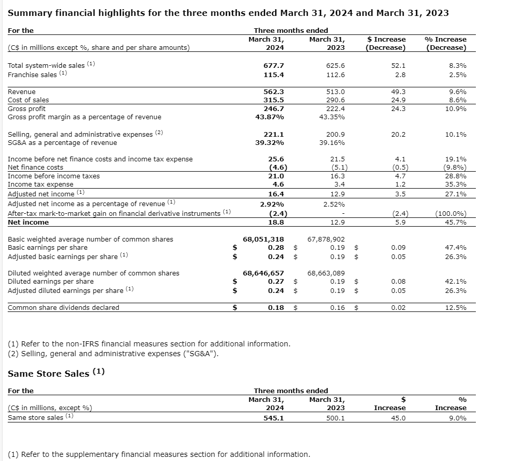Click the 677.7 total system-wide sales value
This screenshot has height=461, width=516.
pyautogui.click(x=274, y=66)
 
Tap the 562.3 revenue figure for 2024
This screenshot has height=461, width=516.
pyautogui.click(x=274, y=91)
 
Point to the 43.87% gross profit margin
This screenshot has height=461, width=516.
pyautogui.click(x=271, y=117)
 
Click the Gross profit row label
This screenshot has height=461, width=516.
pyautogui.click(x=27, y=109)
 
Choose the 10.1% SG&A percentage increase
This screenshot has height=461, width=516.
pyautogui.click(x=456, y=134)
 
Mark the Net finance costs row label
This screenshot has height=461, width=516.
pyautogui.click(x=35, y=168)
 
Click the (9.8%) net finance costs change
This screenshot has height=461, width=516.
pyautogui.click(x=455, y=168)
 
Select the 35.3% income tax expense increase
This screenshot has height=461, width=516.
pyautogui.click(x=456, y=185)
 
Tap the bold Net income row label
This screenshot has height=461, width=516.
pyautogui.click(x=28, y=223)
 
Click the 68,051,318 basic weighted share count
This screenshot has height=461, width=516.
pyautogui.click(x=263, y=239)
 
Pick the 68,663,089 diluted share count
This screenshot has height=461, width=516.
pyautogui.click(x=326, y=273)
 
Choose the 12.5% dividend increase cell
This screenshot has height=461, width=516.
pyautogui.click(x=456, y=308)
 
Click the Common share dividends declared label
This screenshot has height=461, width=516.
pyautogui.click(x=63, y=308)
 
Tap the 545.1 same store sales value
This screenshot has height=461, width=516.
pyautogui.click(x=274, y=418)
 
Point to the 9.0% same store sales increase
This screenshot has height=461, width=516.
pyautogui.click(x=458, y=418)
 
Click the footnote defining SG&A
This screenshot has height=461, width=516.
pyautogui.click(x=117, y=353)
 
